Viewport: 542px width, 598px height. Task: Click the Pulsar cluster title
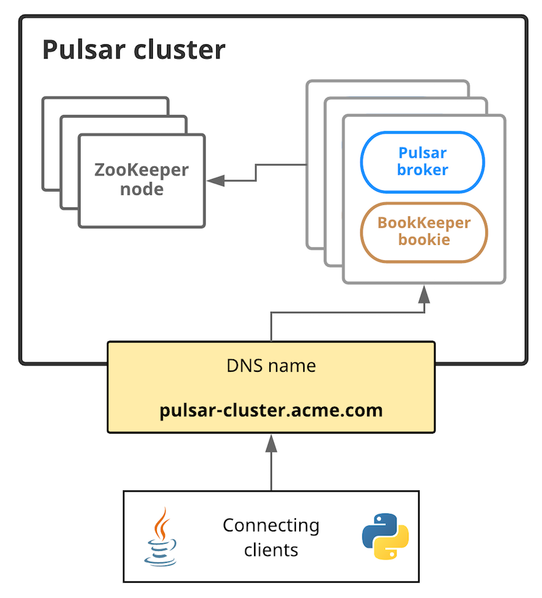tap(134, 51)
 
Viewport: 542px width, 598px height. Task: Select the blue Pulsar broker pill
tap(422, 162)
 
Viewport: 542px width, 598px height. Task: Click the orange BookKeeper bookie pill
tap(424, 231)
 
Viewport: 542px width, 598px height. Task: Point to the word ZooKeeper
tap(141, 170)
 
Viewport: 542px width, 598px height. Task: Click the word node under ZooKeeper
tap(141, 190)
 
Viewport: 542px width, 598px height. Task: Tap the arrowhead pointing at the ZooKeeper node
tap(215, 180)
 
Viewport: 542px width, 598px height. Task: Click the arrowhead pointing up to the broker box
tap(424, 293)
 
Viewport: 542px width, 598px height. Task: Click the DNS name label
tap(271, 366)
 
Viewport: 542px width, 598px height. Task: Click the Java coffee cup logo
tap(160, 537)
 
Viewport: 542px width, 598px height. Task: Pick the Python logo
tap(385, 535)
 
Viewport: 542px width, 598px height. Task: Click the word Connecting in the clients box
tap(271, 525)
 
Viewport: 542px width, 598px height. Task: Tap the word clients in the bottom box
tap(271, 550)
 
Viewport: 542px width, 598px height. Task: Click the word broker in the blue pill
tap(422, 170)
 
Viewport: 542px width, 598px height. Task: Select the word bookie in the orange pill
tap(424, 240)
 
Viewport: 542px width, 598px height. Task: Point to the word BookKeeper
tap(424, 223)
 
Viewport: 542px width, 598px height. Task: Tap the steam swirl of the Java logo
tap(160, 522)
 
